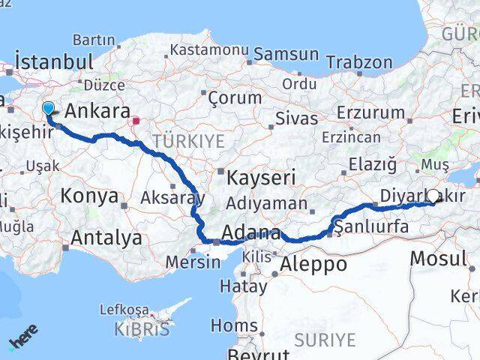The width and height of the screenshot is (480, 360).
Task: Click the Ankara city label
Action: (x=97, y=111)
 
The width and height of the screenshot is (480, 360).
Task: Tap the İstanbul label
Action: (x=54, y=61)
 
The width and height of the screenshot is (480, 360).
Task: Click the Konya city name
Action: (x=91, y=196)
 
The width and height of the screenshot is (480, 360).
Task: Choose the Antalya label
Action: (x=106, y=238)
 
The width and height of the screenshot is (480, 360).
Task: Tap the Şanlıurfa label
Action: (x=373, y=226)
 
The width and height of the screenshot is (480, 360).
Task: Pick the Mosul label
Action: (x=438, y=259)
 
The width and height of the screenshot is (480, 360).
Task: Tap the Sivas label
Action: (x=292, y=118)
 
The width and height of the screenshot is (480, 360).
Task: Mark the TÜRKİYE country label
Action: (x=188, y=141)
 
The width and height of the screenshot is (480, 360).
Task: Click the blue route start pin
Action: (x=49, y=109)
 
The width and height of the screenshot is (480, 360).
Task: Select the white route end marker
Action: (x=433, y=196)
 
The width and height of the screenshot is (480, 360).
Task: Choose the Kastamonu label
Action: (x=209, y=49)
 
